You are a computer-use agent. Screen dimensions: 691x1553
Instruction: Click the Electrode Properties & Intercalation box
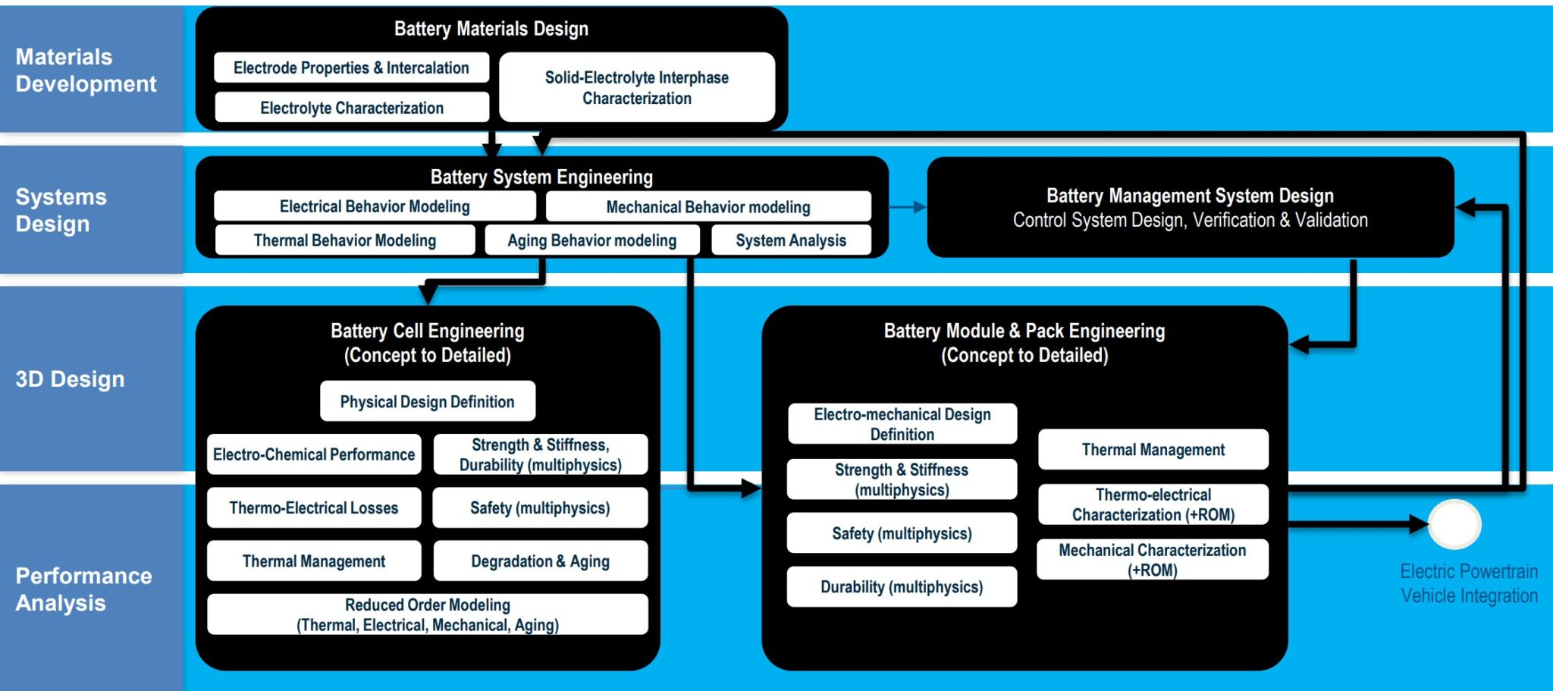pyautogui.click(x=351, y=68)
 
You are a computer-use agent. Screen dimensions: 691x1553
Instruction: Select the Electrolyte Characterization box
pyautogui.click(x=352, y=108)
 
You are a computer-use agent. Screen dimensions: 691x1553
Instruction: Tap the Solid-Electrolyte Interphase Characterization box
pyautogui.click(x=637, y=87)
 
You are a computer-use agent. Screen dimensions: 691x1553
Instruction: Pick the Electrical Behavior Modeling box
pyautogui.click(x=375, y=206)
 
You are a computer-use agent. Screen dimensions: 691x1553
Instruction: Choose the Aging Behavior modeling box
pyautogui.click(x=591, y=240)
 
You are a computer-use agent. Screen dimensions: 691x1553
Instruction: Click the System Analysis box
pyautogui.click(x=791, y=240)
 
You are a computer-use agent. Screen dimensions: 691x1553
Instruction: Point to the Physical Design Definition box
pyautogui.click(x=427, y=401)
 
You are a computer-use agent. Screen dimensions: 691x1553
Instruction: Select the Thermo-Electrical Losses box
pyautogui.click(x=314, y=507)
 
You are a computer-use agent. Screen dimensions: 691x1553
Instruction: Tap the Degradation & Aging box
pyautogui.click(x=540, y=561)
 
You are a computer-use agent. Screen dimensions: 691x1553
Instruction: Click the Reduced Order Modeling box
pyautogui.click(x=428, y=614)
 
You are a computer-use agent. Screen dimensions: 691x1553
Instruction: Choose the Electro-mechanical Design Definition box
pyautogui.click(x=902, y=424)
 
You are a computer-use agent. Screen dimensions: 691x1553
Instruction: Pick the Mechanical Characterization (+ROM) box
pyautogui.click(x=1152, y=560)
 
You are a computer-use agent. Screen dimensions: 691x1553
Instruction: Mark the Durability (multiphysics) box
pyautogui.click(x=902, y=586)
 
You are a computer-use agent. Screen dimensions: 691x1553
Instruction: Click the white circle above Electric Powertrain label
pyautogui.click(x=1454, y=524)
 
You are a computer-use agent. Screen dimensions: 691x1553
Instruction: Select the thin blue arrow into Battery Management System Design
pyautogui.click(x=908, y=206)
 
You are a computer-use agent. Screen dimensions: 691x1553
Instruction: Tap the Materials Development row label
pyautogui.click(x=86, y=70)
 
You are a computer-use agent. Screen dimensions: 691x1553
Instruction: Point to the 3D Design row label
pyautogui.click(x=70, y=378)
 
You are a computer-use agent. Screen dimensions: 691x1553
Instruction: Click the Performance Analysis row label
pyautogui.click(x=83, y=589)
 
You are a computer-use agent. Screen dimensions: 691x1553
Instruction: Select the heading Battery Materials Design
pyautogui.click(x=491, y=29)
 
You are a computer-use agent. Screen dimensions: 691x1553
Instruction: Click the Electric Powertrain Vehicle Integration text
pyautogui.click(x=1469, y=583)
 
